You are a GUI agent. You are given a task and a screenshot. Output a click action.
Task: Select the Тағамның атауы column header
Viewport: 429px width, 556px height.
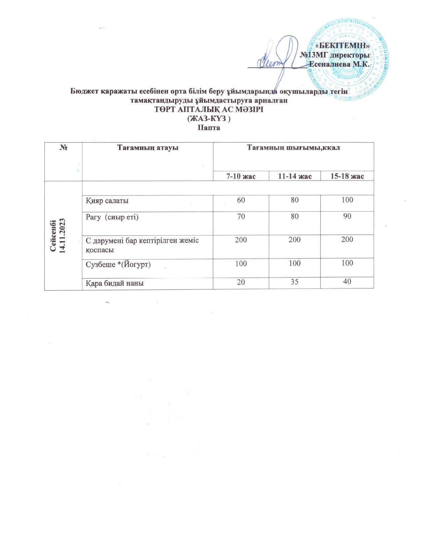tap(147, 148)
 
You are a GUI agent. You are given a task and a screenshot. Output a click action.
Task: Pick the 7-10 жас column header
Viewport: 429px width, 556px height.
tap(241, 176)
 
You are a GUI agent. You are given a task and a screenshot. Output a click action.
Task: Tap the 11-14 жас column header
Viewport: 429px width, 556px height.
tap(295, 176)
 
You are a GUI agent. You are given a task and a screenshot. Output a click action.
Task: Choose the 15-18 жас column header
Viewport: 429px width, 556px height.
tap(347, 176)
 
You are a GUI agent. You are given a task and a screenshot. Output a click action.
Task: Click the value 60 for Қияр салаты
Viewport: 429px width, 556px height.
tap(241, 200)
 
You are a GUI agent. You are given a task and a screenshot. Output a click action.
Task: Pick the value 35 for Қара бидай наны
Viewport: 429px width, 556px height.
tap(294, 281)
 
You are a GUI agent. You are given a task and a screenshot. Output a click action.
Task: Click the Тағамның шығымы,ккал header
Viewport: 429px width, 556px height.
tap(293, 148)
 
